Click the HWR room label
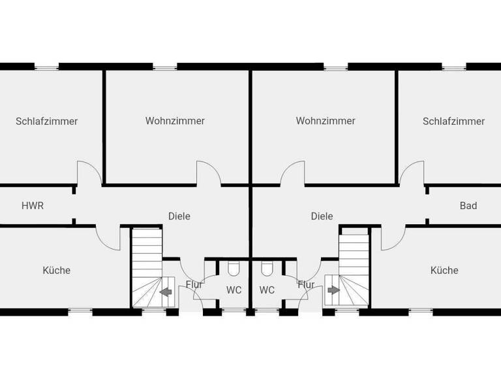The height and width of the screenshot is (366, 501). point(33,205)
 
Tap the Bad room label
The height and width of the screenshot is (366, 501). point(468,205)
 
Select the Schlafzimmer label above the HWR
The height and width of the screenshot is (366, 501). point(47,121)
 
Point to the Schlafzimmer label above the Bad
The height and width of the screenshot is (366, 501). point(453,121)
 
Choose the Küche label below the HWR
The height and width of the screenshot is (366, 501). point(57,270)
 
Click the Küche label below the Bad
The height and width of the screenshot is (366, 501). point(444,270)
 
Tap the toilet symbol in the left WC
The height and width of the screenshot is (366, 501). point(234,269)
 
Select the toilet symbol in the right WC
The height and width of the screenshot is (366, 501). point(266,269)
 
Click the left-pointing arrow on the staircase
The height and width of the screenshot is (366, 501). point(166,291)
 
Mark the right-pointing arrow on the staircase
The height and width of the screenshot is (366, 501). point(334,290)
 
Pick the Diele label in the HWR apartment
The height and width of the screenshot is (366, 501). point(179,216)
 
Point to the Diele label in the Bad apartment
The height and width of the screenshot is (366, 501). point(322,216)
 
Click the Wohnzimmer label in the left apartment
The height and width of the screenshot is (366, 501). point(175,121)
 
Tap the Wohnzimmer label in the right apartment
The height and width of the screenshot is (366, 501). point(326,121)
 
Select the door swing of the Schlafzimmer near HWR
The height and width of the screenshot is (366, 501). point(89,173)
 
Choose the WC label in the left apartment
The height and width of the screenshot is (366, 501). point(234,290)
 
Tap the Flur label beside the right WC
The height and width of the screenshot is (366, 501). point(306,284)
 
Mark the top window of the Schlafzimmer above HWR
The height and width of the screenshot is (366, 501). point(46,66)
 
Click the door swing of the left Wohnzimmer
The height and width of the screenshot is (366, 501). point(209,173)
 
